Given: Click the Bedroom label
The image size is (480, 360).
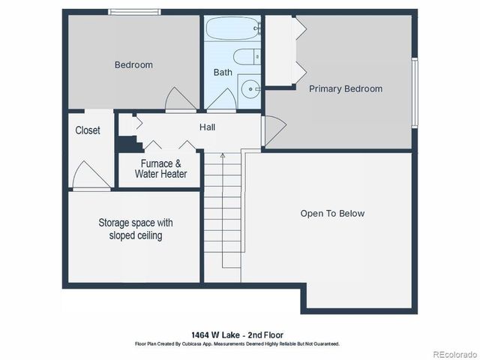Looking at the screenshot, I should (x=133, y=64).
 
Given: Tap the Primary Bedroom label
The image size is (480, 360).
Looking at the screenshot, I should (x=346, y=88).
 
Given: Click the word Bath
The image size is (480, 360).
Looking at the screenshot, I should (x=223, y=73).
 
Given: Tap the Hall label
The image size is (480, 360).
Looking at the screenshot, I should (x=207, y=127).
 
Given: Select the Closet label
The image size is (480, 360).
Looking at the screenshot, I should (x=88, y=130).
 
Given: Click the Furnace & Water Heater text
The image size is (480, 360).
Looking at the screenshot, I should (x=160, y=169).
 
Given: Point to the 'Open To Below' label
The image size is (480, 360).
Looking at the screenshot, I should (x=332, y=214).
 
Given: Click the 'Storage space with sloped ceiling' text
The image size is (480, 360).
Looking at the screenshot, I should (x=136, y=229).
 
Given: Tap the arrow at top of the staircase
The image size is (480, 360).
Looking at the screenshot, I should (x=222, y=156).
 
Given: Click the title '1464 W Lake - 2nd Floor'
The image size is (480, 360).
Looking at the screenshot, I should (x=238, y=334).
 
